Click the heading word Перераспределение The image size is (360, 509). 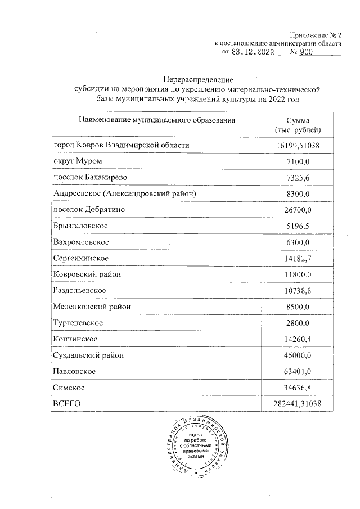[194, 78]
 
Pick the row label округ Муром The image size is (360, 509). [78, 161]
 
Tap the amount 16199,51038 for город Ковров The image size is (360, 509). [295, 146]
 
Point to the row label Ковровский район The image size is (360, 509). [87, 274]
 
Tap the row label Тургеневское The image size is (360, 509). [78, 323]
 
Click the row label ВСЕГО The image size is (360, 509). [67, 404]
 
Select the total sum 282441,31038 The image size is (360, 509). [295, 404]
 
